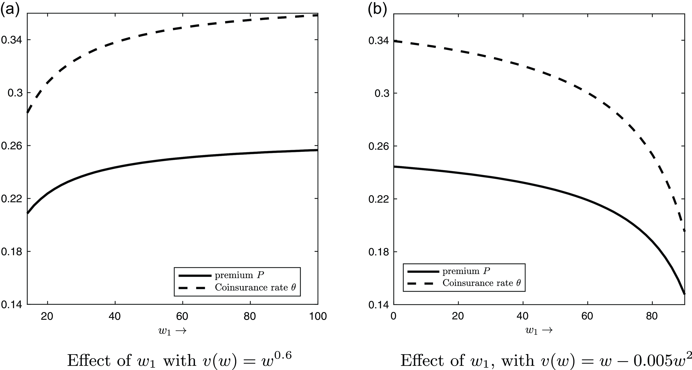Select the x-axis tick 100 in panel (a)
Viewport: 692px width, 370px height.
(x=318, y=316)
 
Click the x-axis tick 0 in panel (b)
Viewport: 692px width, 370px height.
(x=394, y=316)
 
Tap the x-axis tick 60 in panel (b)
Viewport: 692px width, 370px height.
(x=587, y=316)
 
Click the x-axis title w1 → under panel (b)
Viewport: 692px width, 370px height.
(x=539, y=331)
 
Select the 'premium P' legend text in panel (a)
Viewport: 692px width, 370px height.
(x=239, y=275)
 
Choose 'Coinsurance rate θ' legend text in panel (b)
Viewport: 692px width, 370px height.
(x=482, y=283)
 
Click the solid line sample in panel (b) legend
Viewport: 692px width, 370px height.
(x=423, y=271)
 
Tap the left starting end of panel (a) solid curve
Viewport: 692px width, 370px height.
(x=28, y=213)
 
